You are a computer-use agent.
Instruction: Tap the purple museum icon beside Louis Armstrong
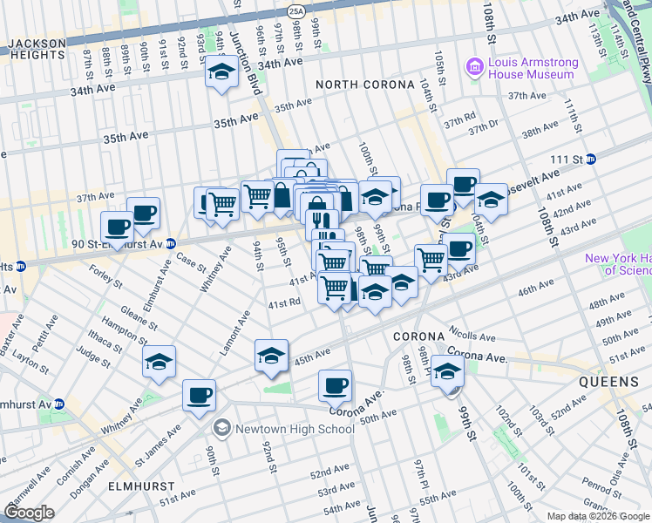tap(474, 66)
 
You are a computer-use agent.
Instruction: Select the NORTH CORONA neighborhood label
tap(357, 84)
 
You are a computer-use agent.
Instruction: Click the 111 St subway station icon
tap(591, 159)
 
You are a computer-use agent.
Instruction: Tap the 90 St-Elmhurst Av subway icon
tap(171, 243)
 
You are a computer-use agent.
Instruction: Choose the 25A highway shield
tap(296, 10)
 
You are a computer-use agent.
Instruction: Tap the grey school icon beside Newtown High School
tap(222, 428)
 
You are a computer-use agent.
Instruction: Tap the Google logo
tap(29, 513)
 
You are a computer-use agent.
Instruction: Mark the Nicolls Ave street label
tap(472, 336)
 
